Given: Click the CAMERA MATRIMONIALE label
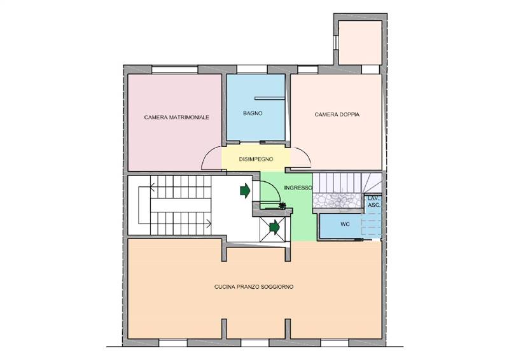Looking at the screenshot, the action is click(x=176, y=117).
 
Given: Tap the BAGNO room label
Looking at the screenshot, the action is click(x=253, y=113).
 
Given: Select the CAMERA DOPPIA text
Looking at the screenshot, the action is click(x=337, y=114).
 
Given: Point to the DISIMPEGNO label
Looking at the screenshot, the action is click(x=256, y=159).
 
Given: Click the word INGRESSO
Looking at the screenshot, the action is click(x=298, y=188).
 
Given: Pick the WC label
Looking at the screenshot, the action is click(x=345, y=224).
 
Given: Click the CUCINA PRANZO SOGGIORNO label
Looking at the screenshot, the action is click(x=254, y=287).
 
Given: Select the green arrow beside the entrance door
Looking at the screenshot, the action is click(x=245, y=191).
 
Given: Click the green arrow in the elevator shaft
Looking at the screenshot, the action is click(x=275, y=227).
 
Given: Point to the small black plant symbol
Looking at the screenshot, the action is click(x=282, y=205).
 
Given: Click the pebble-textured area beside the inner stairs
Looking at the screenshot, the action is click(x=337, y=200).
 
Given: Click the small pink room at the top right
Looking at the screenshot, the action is click(x=360, y=43).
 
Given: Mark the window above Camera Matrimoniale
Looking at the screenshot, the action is click(x=175, y=69).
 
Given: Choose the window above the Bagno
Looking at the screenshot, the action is click(x=252, y=69).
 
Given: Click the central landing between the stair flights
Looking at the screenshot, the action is click(x=181, y=205).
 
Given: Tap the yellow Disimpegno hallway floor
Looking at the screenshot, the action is click(x=256, y=159).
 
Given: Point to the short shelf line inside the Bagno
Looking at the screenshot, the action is click(x=269, y=98).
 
